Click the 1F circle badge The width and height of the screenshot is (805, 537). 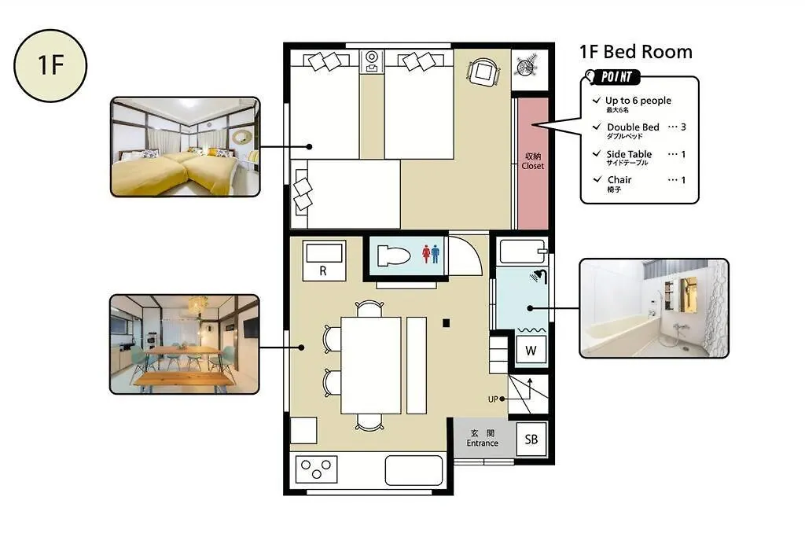tap(50, 65)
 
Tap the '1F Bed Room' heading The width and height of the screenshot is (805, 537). tap(635, 52)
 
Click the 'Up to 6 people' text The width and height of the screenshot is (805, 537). tap(638, 101)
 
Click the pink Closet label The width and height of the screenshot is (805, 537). tap(533, 160)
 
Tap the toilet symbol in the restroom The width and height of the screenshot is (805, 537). tap(394, 256)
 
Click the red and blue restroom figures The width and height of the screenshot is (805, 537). tap(431, 254)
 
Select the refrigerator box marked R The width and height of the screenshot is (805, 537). tap(323, 260)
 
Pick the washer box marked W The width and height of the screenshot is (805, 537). tap(531, 350)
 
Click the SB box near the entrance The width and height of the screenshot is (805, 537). tap(531, 439)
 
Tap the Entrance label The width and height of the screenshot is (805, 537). tap(482, 438)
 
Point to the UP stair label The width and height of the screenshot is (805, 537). tap(493, 399)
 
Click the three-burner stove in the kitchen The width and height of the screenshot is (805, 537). tap(316, 469)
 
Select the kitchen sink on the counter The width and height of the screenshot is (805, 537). tap(414, 470)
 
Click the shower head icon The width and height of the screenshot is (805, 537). tap(539, 276)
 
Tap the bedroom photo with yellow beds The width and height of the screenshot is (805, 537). tap(186, 147)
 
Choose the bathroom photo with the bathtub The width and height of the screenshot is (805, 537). tap(654, 308)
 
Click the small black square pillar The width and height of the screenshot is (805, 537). tap(447, 323)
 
